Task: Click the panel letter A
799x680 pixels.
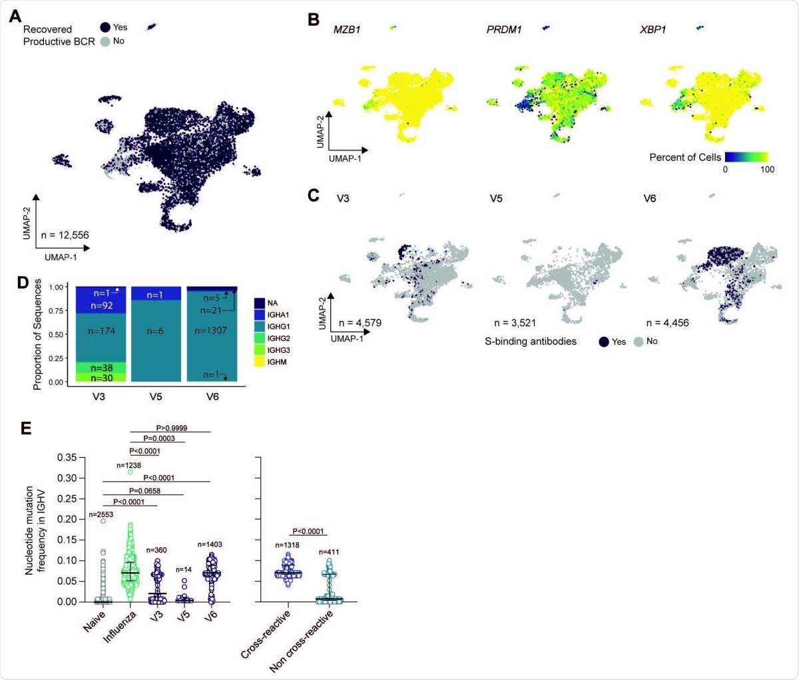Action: (x=15, y=16)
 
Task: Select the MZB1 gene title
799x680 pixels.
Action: (x=347, y=30)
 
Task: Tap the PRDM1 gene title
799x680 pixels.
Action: (x=504, y=30)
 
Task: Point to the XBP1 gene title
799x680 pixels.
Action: (x=653, y=30)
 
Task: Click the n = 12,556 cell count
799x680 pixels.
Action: (x=65, y=235)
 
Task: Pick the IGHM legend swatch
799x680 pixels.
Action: (x=260, y=362)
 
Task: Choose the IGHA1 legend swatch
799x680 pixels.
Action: (x=260, y=315)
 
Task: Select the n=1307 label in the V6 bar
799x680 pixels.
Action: (x=210, y=331)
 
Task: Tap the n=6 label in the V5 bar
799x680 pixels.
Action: (x=154, y=331)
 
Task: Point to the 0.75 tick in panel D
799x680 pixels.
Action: (x=56, y=311)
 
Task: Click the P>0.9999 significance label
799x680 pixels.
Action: (x=171, y=428)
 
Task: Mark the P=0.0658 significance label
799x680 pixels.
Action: (x=144, y=491)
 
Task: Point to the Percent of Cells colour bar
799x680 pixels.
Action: (x=746, y=158)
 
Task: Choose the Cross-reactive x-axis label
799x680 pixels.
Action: (x=266, y=635)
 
